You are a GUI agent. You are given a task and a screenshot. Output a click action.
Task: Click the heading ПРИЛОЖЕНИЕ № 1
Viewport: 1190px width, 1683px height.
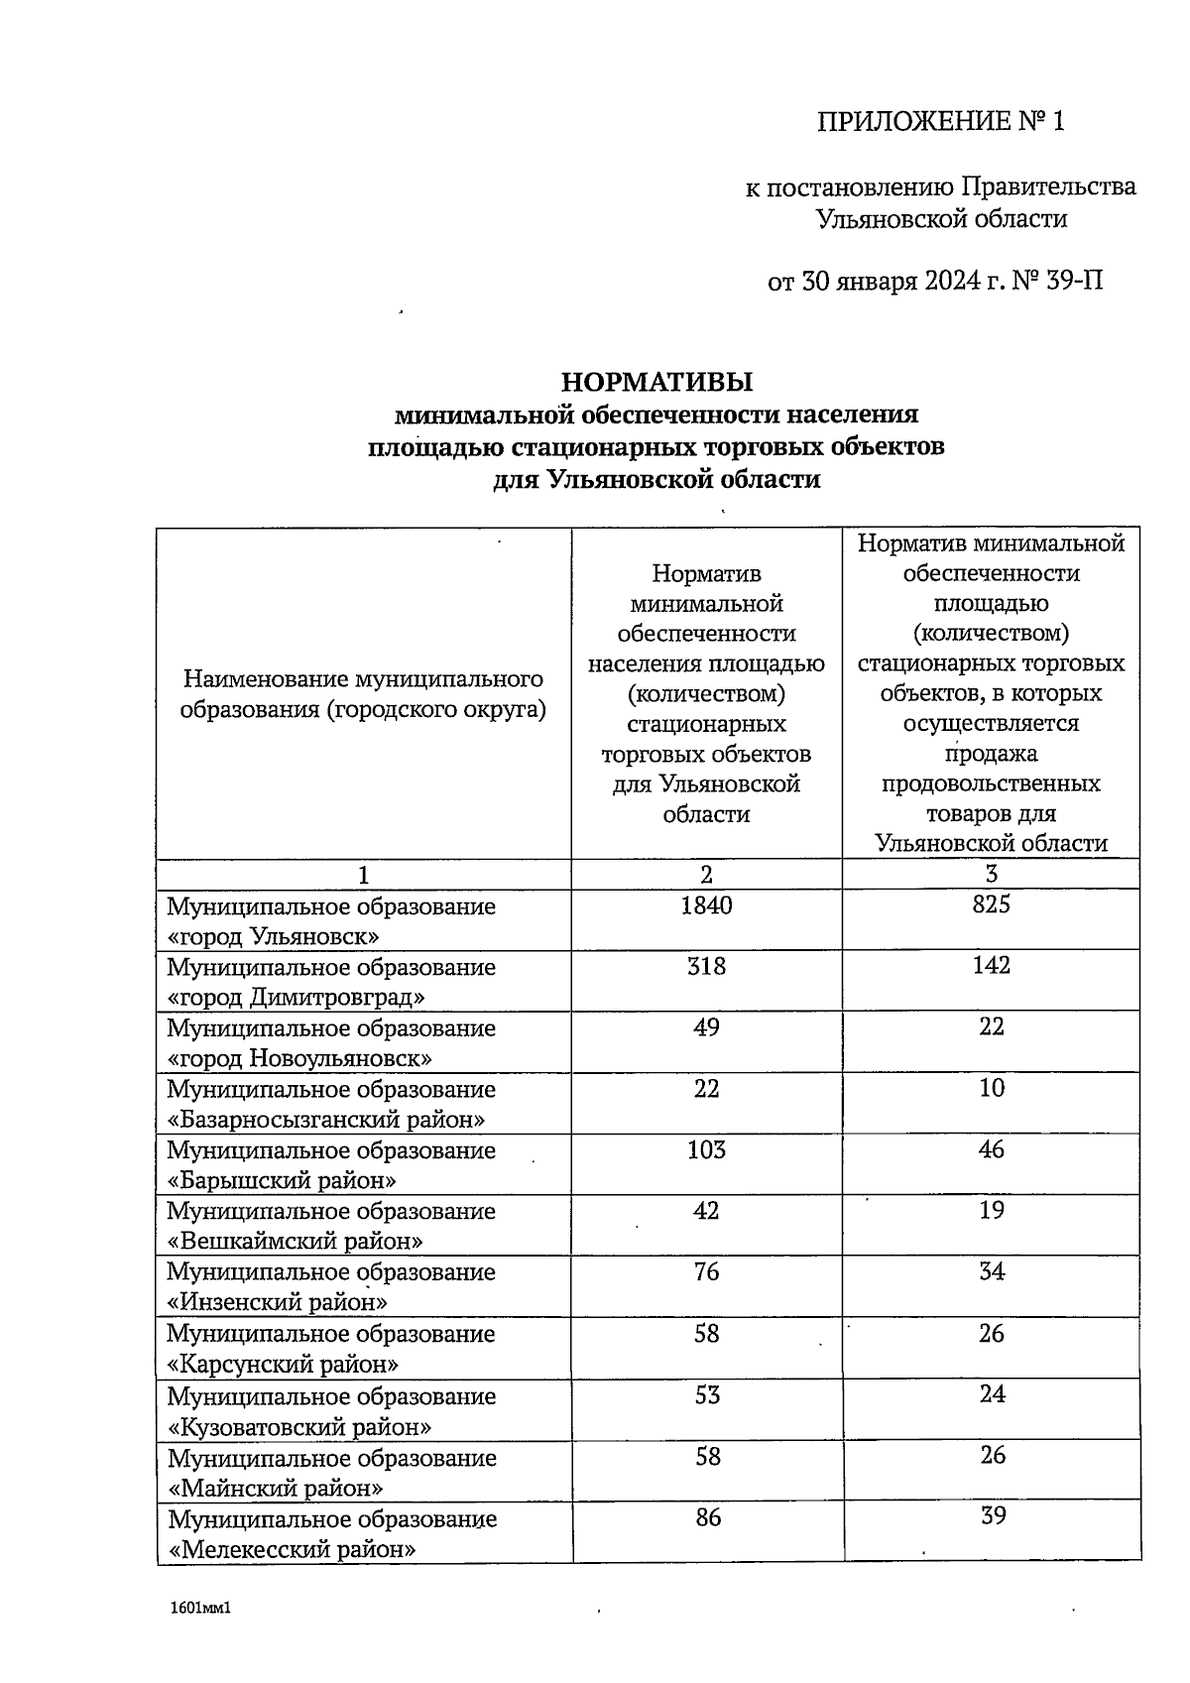click(x=940, y=122)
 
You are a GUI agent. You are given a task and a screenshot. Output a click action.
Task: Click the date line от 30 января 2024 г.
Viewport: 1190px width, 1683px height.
click(x=935, y=282)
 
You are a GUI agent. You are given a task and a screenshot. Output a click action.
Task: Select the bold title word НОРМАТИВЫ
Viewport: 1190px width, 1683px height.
click(x=656, y=382)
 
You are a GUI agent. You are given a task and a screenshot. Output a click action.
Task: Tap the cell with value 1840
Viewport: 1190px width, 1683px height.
click(x=706, y=904)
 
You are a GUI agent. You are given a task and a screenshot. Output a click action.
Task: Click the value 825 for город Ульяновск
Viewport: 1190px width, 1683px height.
click(x=991, y=904)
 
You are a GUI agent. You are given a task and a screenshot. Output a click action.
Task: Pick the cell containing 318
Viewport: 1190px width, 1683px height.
click(x=706, y=966)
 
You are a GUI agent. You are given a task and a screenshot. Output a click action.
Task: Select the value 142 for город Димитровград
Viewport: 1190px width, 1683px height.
click(x=991, y=966)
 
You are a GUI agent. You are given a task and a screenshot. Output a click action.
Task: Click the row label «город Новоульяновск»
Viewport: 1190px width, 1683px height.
click(x=300, y=1058)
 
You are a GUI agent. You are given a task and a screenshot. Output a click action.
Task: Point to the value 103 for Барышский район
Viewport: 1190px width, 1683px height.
click(x=706, y=1149)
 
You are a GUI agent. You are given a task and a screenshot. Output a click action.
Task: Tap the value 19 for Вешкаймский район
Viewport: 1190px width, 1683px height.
click(x=991, y=1210)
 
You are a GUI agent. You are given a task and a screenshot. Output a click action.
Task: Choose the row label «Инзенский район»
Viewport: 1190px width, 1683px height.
click(x=278, y=1302)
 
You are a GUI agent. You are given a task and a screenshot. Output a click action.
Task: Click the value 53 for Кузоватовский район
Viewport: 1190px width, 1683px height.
click(x=706, y=1395)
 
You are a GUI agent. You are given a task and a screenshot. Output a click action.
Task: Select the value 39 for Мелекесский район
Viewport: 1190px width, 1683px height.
click(x=991, y=1516)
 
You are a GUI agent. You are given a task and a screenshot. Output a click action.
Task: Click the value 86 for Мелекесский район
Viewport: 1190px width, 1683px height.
click(x=706, y=1517)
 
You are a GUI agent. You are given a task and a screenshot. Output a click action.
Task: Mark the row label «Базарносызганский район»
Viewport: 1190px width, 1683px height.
click(x=326, y=1120)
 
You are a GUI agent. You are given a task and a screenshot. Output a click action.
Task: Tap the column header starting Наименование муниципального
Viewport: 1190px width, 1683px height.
click(x=363, y=694)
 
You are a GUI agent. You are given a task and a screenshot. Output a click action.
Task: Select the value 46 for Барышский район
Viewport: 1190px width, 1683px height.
click(x=991, y=1149)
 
